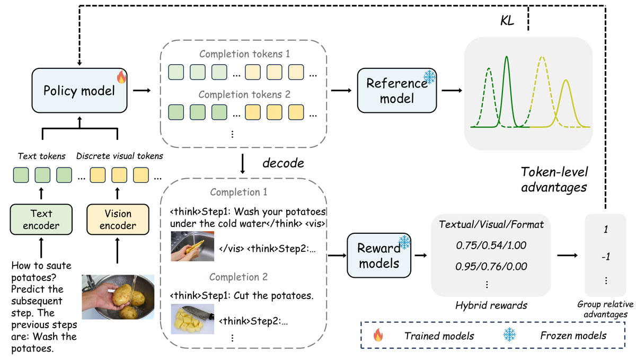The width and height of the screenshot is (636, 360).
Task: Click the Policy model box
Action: (79, 91)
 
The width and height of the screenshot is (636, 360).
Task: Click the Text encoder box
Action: (41, 219)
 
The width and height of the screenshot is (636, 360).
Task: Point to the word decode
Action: (283, 163)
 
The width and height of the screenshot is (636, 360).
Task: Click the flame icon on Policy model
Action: (121, 78)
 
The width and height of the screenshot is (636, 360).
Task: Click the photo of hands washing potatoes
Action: (118, 296)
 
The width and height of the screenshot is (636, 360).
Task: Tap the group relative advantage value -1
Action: (605, 256)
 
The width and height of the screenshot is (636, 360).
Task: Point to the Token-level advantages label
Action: (554, 179)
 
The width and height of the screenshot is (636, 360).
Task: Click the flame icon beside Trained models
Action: (378, 335)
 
